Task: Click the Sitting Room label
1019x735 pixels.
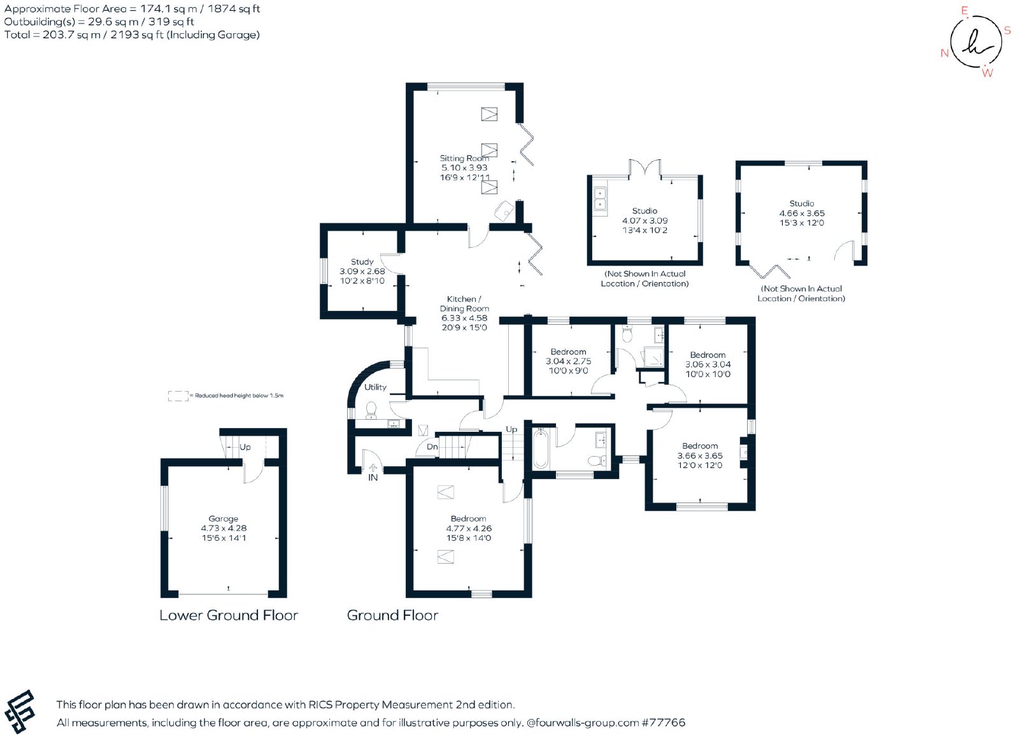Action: pyautogui.click(x=464, y=159)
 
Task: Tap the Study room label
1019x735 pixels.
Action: pyautogui.click(x=362, y=262)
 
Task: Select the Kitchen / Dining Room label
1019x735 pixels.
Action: pyautogui.click(x=464, y=303)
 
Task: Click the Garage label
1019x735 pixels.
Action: pyautogui.click(x=224, y=518)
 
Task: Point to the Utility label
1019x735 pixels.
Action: pyautogui.click(x=375, y=387)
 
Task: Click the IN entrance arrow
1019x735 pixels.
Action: pyautogui.click(x=373, y=467)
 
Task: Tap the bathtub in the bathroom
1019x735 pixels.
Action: pyautogui.click(x=541, y=448)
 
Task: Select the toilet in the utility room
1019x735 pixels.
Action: pyautogui.click(x=371, y=410)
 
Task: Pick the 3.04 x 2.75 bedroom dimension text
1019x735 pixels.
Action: pyautogui.click(x=569, y=361)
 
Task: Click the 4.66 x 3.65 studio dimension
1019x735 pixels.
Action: pyautogui.click(x=802, y=213)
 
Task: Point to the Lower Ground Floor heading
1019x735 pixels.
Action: pyautogui.click(x=229, y=615)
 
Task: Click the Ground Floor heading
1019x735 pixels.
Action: pyautogui.click(x=392, y=615)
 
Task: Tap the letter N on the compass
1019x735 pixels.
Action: pyautogui.click(x=944, y=54)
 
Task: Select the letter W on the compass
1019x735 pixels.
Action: pyautogui.click(x=987, y=73)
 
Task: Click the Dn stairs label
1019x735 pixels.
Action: pyautogui.click(x=432, y=446)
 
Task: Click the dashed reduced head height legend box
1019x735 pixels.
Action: pyautogui.click(x=178, y=396)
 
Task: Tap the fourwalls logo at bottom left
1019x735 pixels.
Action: pyautogui.click(x=20, y=711)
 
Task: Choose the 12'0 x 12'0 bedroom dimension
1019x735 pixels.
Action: pyautogui.click(x=700, y=466)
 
